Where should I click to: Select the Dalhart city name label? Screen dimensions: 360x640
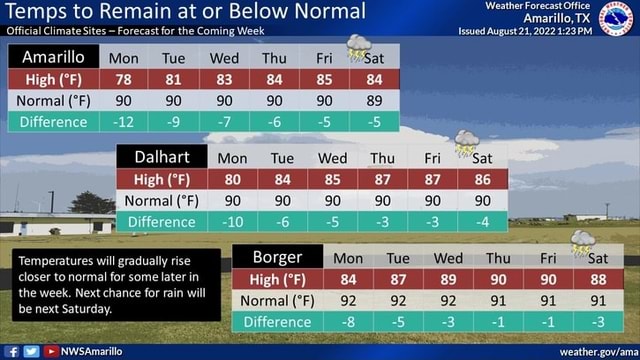pyautogui.click(x=162, y=157)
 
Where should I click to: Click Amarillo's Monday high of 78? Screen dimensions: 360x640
pyautogui.click(x=124, y=79)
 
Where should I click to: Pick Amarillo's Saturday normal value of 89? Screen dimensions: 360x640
pyautogui.click(x=375, y=101)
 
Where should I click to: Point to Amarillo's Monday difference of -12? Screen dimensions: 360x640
pyautogui.click(x=124, y=122)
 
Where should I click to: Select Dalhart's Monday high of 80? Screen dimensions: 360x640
pyautogui.click(x=232, y=180)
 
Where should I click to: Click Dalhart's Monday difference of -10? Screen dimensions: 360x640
pyautogui.click(x=232, y=222)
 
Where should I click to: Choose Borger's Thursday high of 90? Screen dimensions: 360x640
pyautogui.click(x=498, y=279)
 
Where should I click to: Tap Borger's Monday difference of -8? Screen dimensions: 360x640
pyautogui.click(x=349, y=321)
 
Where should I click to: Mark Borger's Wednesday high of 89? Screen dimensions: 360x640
pyautogui.click(x=449, y=279)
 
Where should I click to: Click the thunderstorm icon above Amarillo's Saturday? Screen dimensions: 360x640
pyautogui.click(x=358, y=46)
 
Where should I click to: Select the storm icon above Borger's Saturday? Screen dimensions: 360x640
pyautogui.click(x=582, y=242)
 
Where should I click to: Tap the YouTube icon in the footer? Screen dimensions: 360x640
pyautogui.click(x=50, y=351)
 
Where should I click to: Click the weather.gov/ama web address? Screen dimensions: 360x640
pyautogui.click(x=597, y=351)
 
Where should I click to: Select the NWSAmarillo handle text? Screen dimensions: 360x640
pyautogui.click(x=92, y=351)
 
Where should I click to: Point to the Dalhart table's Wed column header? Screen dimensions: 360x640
pyautogui.click(x=332, y=158)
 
